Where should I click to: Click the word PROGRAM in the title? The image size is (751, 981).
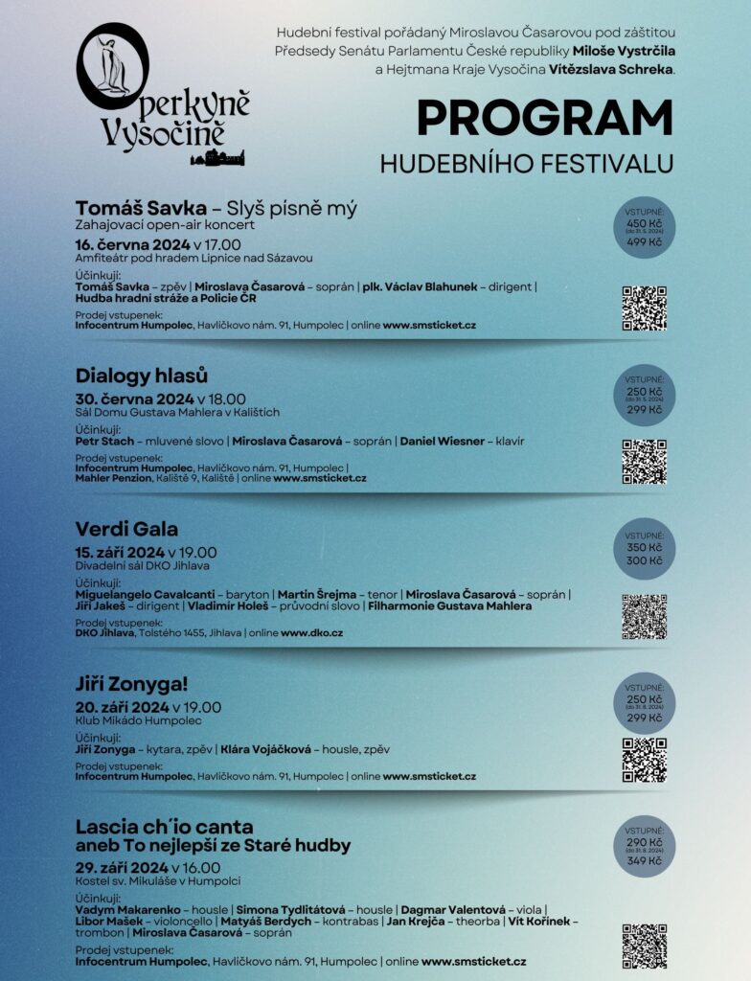click(544, 118)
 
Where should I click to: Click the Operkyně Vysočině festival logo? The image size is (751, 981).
click(163, 96)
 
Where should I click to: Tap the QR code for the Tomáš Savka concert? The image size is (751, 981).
click(644, 308)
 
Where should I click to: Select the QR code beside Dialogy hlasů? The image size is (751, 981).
click(644, 462)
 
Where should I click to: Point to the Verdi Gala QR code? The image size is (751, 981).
click(644, 616)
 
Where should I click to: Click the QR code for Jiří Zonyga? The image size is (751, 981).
click(644, 760)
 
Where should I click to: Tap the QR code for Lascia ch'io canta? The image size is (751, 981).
click(644, 947)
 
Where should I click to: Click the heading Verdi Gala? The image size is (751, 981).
click(126, 529)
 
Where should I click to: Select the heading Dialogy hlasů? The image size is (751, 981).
click(141, 375)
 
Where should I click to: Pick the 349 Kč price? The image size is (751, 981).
click(644, 861)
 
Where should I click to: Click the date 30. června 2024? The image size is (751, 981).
click(133, 399)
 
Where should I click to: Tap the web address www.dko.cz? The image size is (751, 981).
click(311, 633)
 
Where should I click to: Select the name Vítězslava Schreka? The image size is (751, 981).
click(611, 69)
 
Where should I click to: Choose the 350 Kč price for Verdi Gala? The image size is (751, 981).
click(644, 547)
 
